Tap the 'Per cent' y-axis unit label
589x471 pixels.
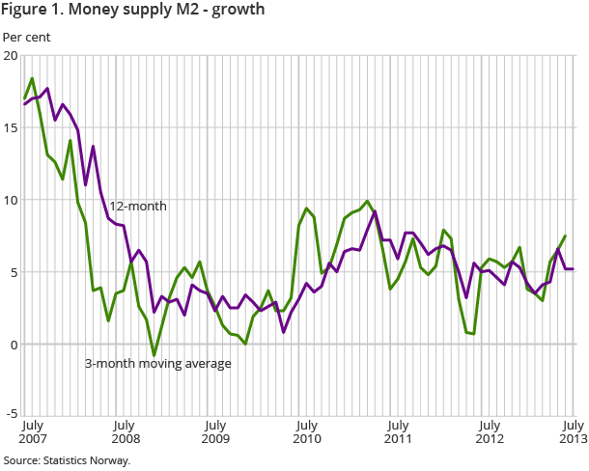[x=27, y=38]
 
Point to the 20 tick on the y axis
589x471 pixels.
[x=11, y=56]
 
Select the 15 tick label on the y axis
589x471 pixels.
[x=11, y=128]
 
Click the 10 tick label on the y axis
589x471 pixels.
[x=11, y=201]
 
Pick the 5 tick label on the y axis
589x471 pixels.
[x=14, y=273]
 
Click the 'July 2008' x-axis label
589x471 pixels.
[x=123, y=431]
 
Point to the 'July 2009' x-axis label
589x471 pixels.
[x=214, y=431]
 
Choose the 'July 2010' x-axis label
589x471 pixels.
[x=306, y=431]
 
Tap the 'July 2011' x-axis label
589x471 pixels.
[x=397, y=431]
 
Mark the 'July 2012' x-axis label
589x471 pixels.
[x=490, y=431]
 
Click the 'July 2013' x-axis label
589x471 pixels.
[x=573, y=431]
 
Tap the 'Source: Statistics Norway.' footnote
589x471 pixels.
[x=67, y=460]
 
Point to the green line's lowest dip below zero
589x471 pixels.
[x=154, y=355]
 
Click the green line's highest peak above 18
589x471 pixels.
[x=32, y=78]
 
